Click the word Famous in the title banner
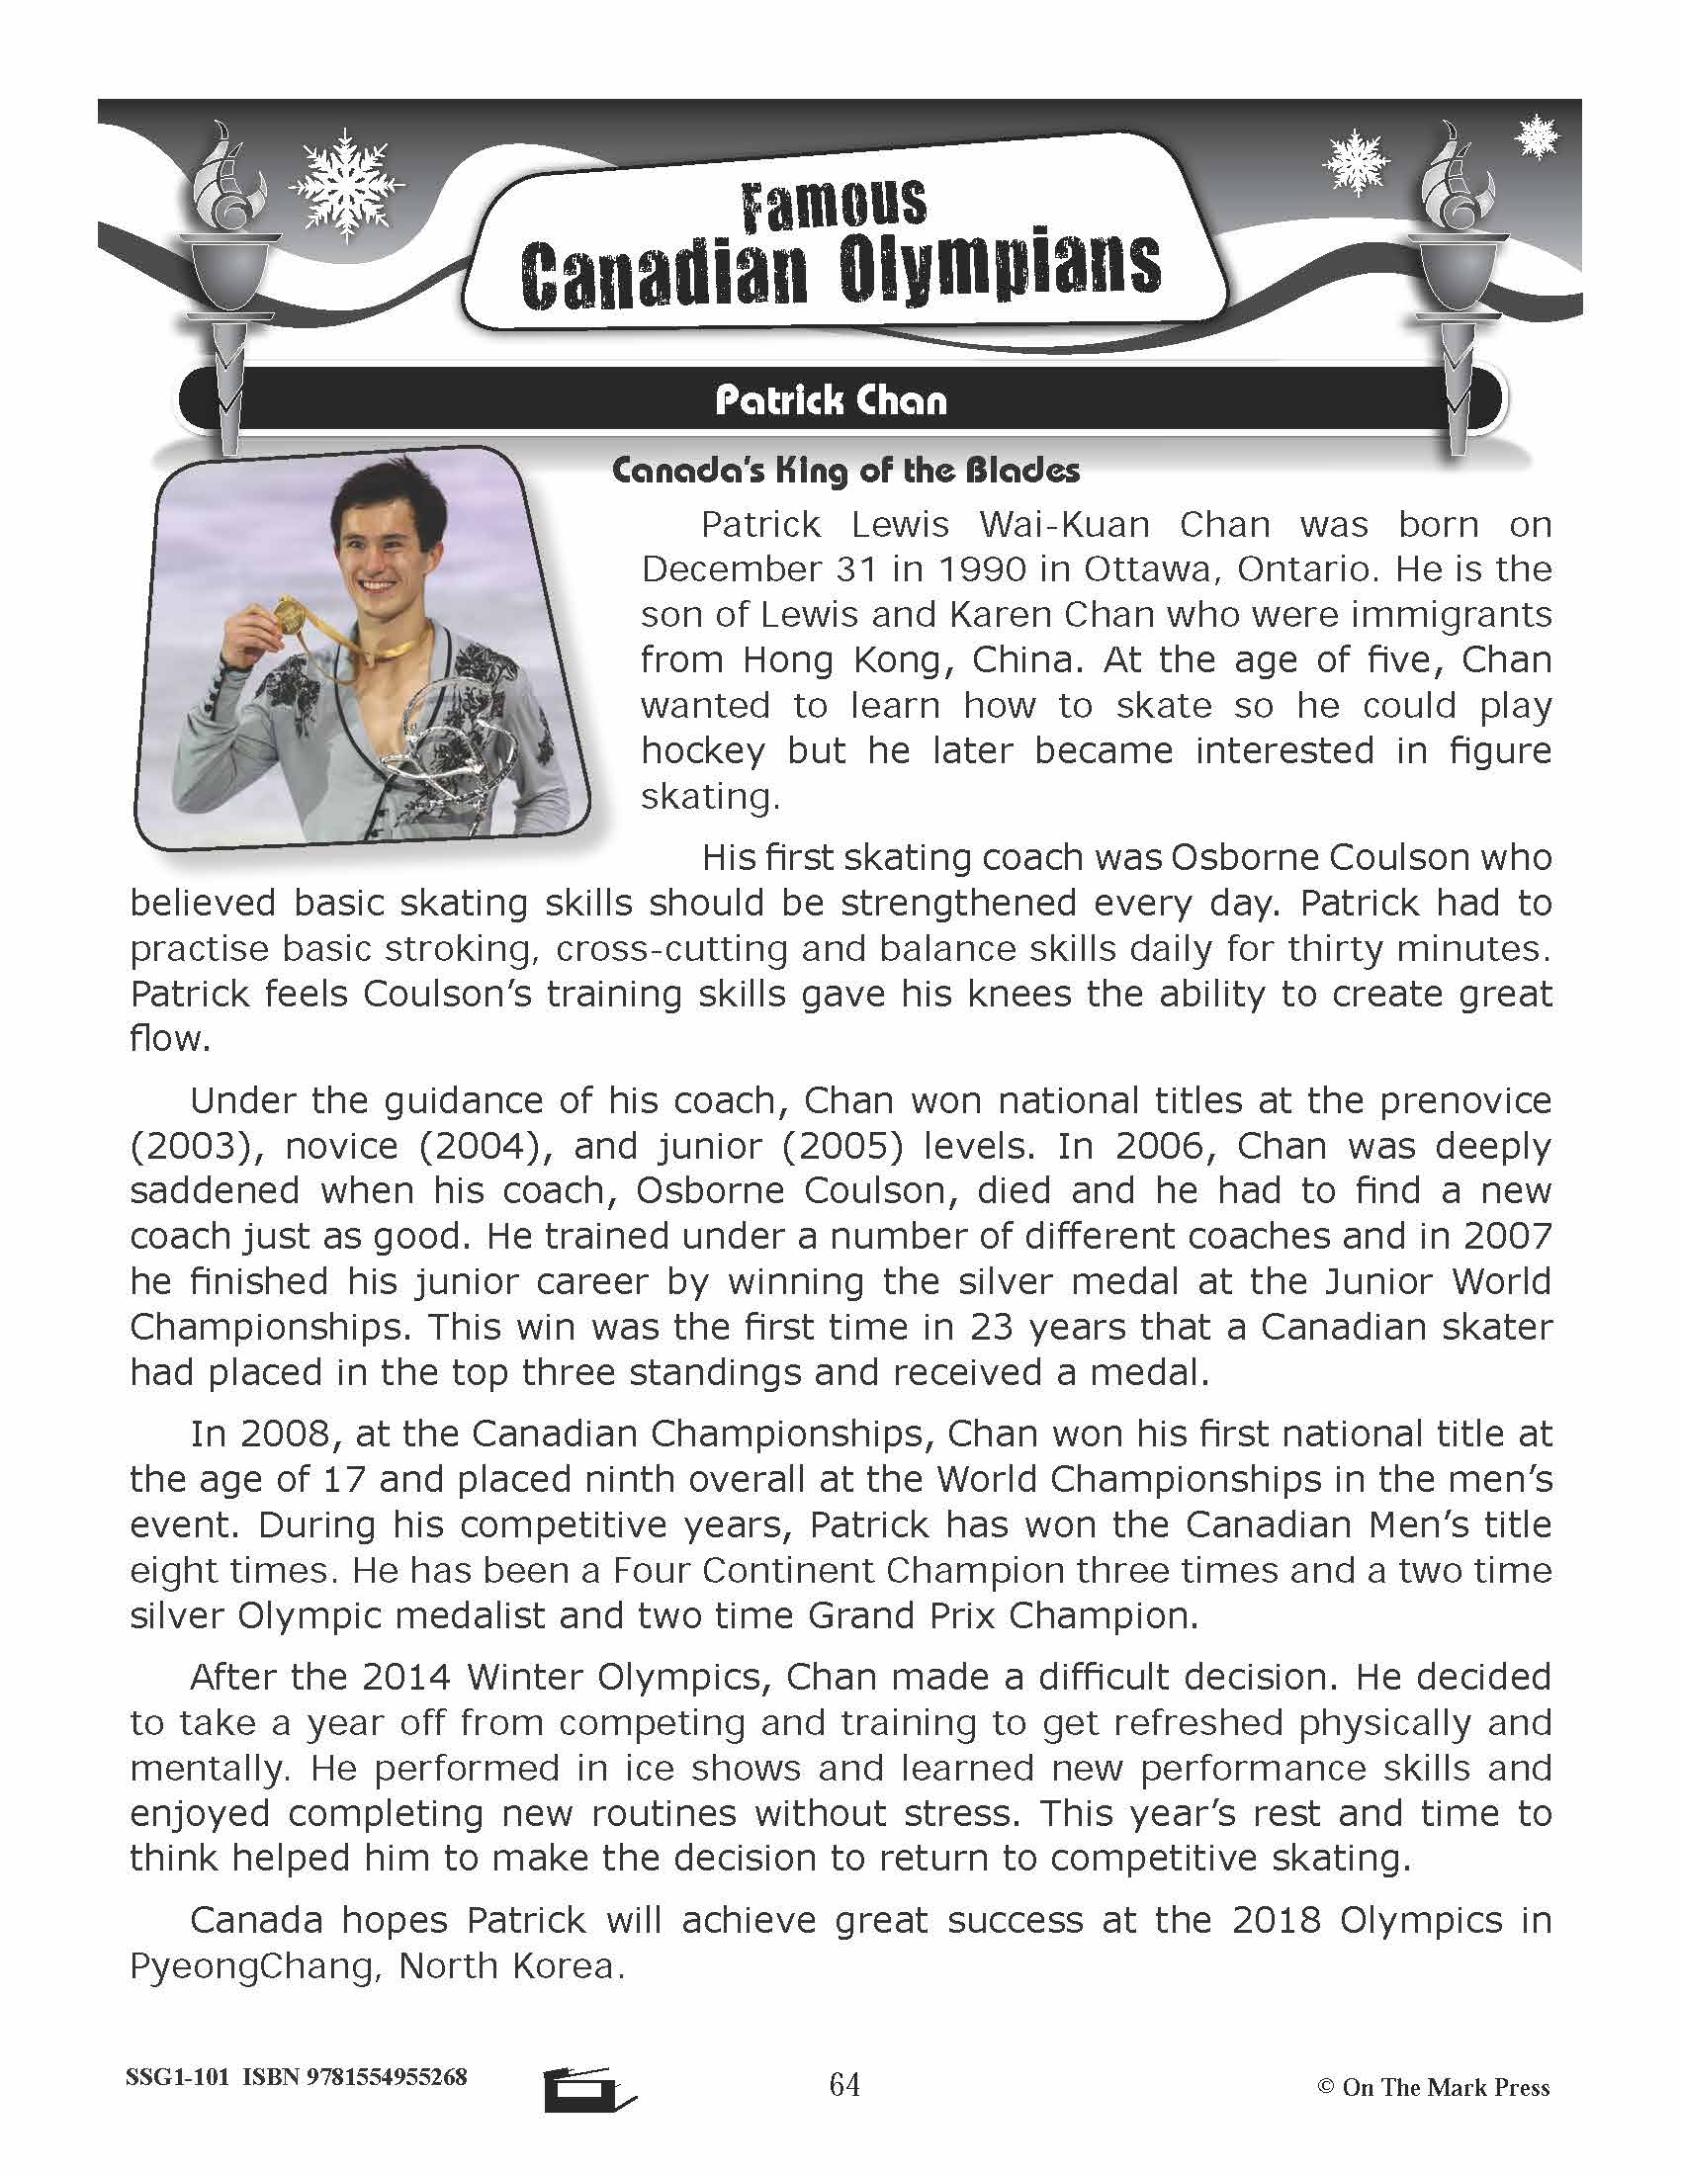pos(834,205)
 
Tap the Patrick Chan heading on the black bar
pos(831,401)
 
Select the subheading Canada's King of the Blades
pos(845,470)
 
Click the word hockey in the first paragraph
pos(702,751)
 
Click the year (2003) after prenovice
pos(188,1146)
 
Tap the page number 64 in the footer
pos(843,2084)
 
